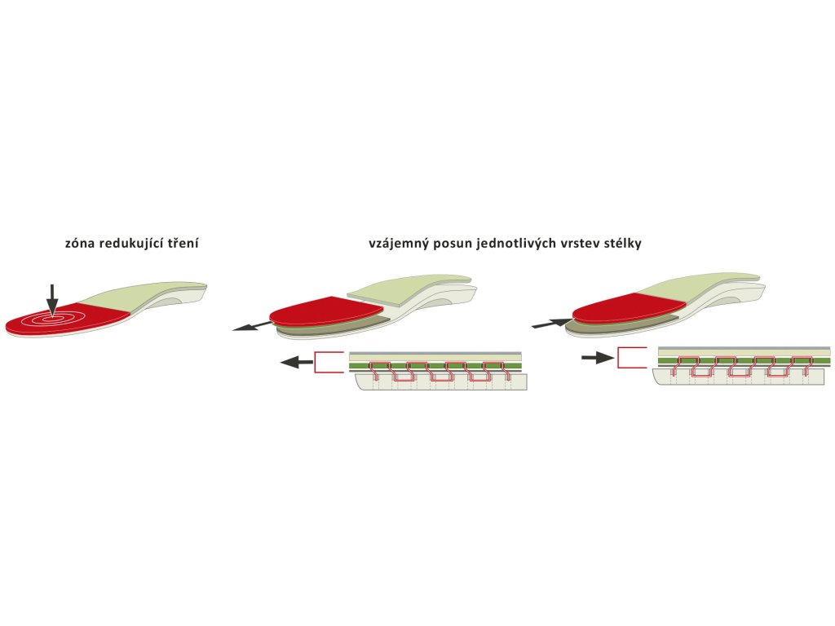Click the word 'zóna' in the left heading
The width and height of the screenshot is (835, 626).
click(81, 243)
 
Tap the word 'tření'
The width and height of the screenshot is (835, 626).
click(182, 243)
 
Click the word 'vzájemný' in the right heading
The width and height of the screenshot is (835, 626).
click(395, 243)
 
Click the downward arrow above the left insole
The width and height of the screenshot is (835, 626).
click(52, 299)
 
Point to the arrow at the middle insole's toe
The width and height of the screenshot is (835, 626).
click(250, 325)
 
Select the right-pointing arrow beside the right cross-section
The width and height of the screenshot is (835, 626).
click(598, 358)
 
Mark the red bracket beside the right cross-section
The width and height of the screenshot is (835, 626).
click(631, 358)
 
